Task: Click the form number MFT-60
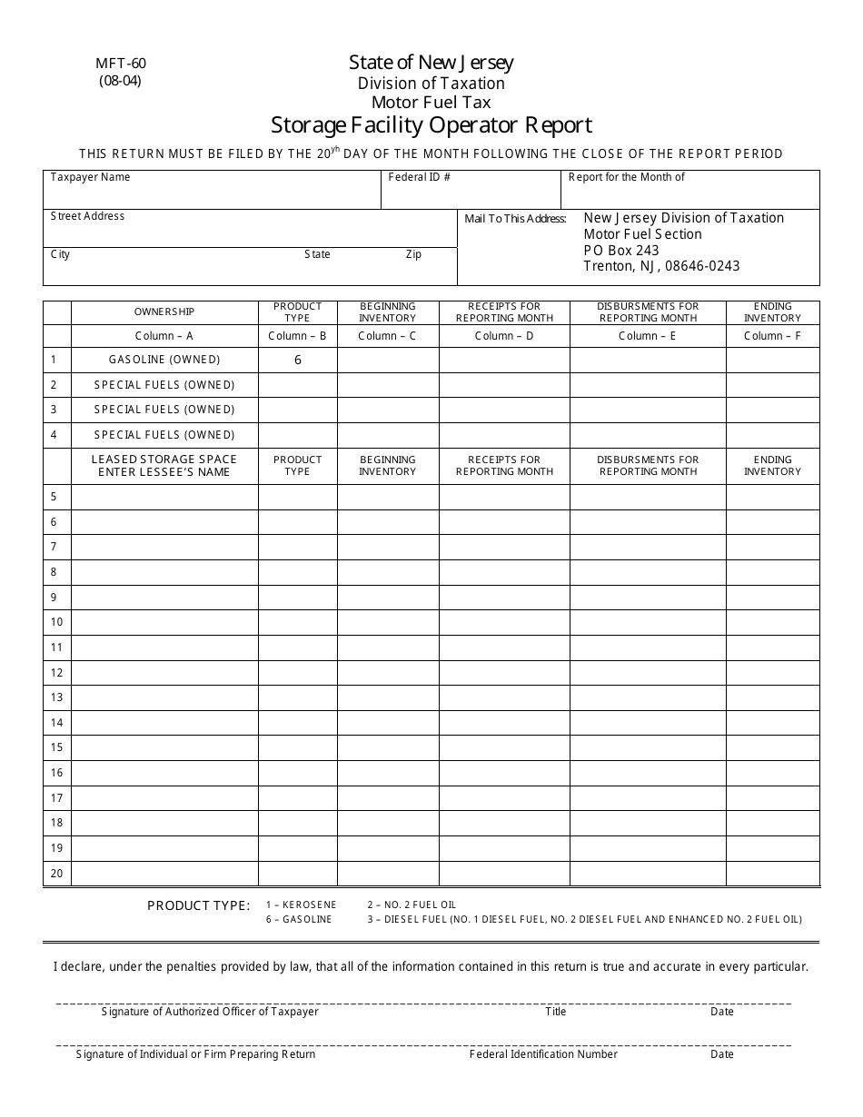(120, 64)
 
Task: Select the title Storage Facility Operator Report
(431, 124)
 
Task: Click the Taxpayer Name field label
(90, 177)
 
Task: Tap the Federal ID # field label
(419, 177)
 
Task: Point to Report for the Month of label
(626, 177)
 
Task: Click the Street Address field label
(87, 216)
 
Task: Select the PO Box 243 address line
(620, 250)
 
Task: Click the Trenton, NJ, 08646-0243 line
(660, 266)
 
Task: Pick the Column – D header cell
(504, 336)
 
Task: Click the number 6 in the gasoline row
(297, 360)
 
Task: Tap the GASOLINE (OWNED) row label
(164, 360)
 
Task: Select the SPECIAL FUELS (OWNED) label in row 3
(164, 410)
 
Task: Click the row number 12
(56, 673)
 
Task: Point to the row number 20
(56, 874)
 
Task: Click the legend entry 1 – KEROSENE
(301, 905)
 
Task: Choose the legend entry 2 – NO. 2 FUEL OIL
(411, 905)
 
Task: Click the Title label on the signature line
(555, 1012)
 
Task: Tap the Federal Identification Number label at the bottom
(543, 1054)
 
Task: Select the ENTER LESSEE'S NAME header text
(164, 472)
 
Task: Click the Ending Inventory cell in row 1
(772, 360)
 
